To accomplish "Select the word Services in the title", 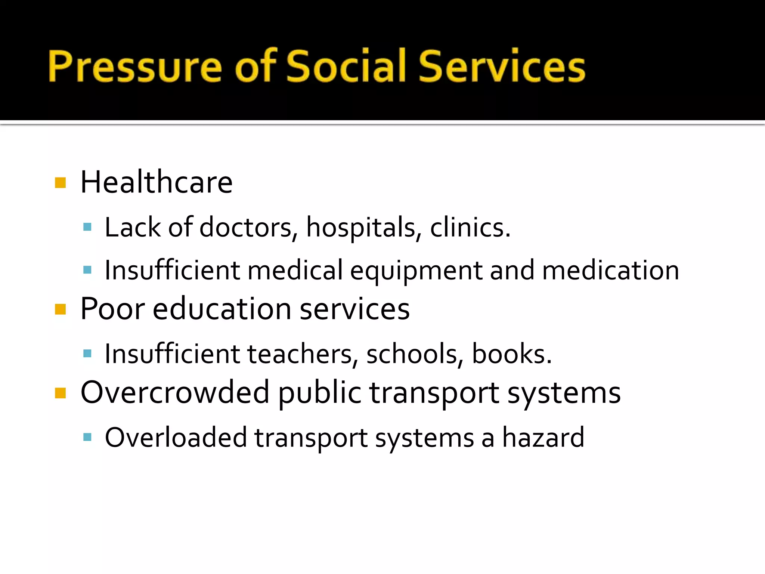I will (502, 67).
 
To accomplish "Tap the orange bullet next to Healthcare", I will (60, 183).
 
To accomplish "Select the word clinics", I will (470, 227).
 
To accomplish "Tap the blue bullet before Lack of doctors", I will (87, 227).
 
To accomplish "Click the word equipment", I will (416, 271).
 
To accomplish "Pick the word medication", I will (610, 270).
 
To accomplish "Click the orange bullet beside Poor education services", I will (60, 309).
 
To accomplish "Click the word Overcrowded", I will (175, 392).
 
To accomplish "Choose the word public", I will (320, 393).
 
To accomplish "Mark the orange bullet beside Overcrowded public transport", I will (60, 393).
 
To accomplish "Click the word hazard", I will (543, 437).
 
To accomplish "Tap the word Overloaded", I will (176, 437).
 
